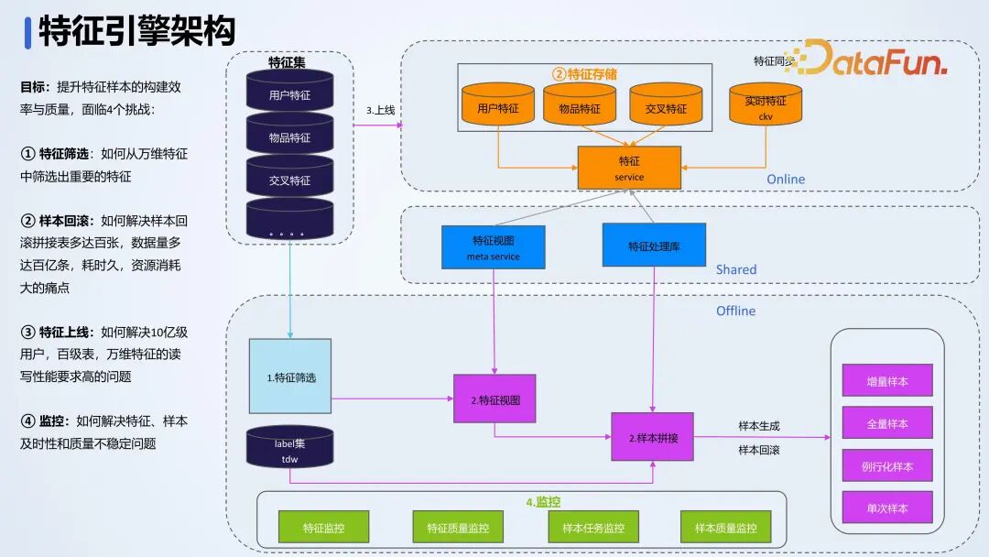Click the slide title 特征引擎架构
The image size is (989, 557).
coord(137,31)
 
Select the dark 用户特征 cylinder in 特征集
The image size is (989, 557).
coord(289,93)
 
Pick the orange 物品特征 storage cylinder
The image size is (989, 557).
coord(580,107)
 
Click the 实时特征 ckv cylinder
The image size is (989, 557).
coord(766,105)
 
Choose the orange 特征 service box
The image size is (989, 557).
coord(629,168)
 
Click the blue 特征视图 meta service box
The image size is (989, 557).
coord(493,247)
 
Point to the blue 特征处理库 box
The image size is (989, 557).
coord(654,246)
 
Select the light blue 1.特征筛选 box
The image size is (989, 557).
coord(290,376)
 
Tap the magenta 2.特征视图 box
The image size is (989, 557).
coord(494,399)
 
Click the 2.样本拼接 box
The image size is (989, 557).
coord(653,437)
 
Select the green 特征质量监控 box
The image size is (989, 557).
coord(458,528)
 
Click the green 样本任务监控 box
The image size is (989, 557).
coord(592,528)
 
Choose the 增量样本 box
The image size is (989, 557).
coord(886,380)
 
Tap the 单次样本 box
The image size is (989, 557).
coord(886,508)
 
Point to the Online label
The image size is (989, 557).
coord(785,179)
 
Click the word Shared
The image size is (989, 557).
coord(736,269)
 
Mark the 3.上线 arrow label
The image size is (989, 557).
coord(380,110)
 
